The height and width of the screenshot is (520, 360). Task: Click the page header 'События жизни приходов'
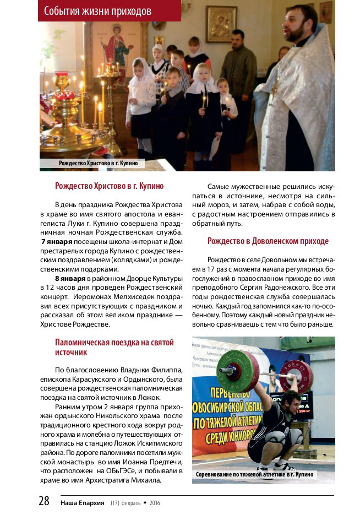(x=97, y=11)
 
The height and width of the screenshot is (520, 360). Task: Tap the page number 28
(x=44, y=501)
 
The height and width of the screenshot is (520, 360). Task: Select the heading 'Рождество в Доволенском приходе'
(x=268, y=241)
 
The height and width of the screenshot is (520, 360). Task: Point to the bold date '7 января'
(x=57, y=242)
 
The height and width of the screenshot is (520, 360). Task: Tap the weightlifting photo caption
(x=254, y=474)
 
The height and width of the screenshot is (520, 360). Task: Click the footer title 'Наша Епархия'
(x=83, y=502)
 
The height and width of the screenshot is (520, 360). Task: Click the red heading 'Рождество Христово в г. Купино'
(x=109, y=186)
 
